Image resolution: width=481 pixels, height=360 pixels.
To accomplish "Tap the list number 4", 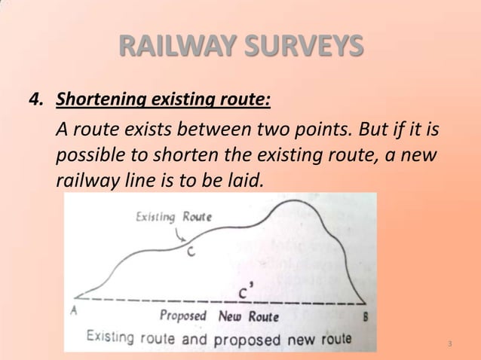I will pyautogui.click(x=34, y=99).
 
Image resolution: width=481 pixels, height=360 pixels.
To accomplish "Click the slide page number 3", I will pyautogui.click(x=449, y=345).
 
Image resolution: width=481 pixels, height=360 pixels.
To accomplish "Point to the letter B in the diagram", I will pyautogui.click(x=366, y=317).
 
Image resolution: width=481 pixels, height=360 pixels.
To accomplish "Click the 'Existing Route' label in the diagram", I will pyautogui.click(x=173, y=218).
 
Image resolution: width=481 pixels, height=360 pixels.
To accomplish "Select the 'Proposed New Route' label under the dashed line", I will pyautogui.click(x=219, y=316).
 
